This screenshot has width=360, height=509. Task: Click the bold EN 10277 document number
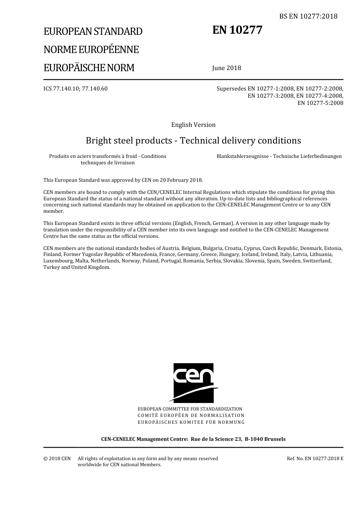(237, 30)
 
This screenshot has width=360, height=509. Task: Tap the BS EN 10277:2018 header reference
(308, 16)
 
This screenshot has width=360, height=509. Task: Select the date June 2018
(227, 68)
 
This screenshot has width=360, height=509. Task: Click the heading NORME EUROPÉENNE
(91, 50)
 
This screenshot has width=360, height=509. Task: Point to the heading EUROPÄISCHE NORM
(89, 68)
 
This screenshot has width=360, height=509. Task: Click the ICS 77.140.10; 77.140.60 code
(75, 89)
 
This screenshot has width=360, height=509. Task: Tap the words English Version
(193, 125)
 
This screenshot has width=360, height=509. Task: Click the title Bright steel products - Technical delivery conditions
(193, 141)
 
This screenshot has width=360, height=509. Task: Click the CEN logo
(194, 383)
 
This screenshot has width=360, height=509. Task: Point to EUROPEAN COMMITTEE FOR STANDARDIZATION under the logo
(190, 409)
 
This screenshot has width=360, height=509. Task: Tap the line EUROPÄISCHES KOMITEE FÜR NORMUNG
(191, 422)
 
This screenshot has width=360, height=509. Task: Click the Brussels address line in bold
(193, 439)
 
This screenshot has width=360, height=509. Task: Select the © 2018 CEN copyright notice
(57, 458)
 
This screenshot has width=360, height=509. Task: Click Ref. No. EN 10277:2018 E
(315, 458)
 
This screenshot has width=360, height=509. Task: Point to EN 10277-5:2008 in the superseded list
(320, 103)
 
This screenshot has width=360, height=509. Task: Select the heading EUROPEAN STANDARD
(93, 31)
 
